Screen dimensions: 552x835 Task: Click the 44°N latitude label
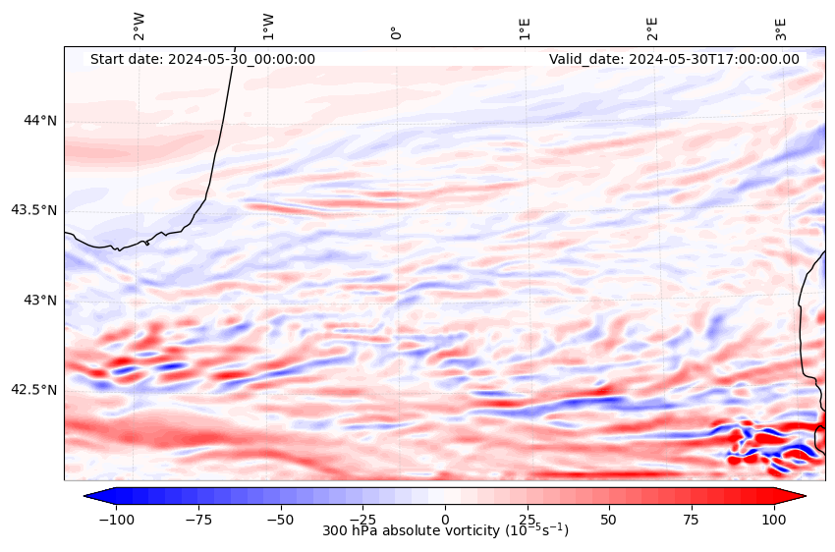40,121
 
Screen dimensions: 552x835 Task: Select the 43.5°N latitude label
33,210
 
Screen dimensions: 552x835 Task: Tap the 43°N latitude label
40,300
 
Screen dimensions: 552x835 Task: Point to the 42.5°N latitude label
33,390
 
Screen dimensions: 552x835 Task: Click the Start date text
202,59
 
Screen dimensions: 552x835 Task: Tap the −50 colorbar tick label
280,518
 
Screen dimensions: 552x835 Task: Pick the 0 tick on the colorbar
445,518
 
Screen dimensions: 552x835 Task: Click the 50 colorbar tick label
610,518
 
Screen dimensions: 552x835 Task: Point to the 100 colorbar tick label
775,518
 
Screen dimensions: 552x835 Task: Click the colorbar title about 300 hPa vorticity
445,531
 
